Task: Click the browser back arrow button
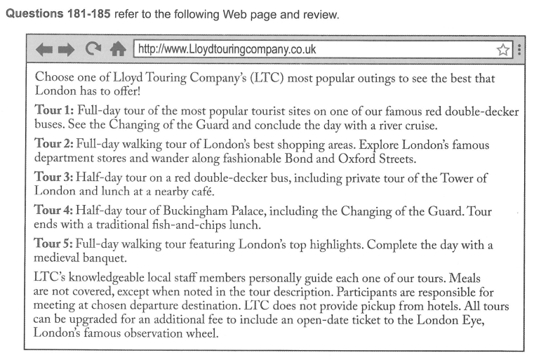tap(44, 50)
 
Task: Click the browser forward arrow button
tap(65, 50)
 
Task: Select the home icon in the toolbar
tap(116, 49)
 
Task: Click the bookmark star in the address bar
tap(502, 50)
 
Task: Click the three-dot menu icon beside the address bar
tap(519, 50)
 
